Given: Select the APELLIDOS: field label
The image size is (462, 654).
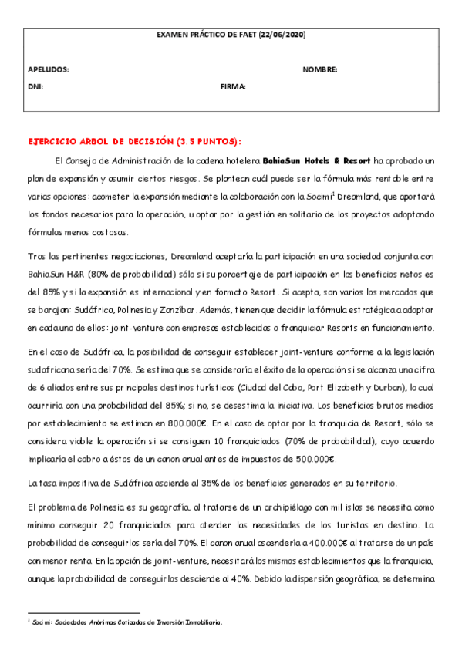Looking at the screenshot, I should tap(48, 70).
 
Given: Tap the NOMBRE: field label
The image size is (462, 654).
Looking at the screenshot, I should tap(320, 70).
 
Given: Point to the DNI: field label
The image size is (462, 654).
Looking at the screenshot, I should tap(35, 87).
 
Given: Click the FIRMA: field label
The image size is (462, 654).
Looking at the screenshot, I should tap(233, 87).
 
